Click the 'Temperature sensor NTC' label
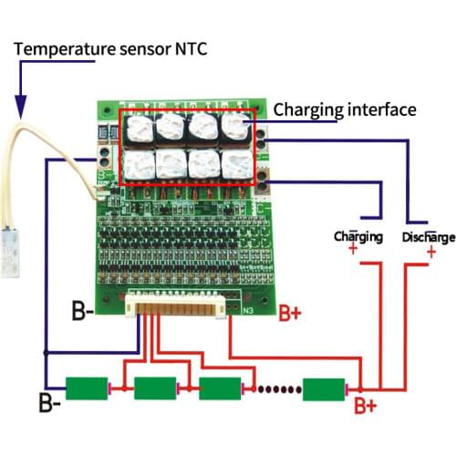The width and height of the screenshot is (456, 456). point(107,47)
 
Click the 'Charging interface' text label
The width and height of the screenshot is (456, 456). point(345,109)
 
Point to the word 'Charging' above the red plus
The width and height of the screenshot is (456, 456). point(358,237)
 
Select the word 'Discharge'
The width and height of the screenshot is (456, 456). point(428,237)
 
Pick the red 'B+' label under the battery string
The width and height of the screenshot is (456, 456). point(366,404)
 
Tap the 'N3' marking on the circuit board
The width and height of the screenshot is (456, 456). point(247,309)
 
